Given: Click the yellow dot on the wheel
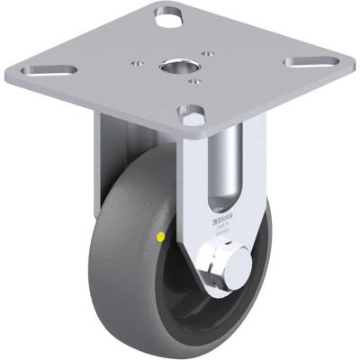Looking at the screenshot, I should pos(160,238).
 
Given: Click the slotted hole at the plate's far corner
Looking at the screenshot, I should pos(168,14).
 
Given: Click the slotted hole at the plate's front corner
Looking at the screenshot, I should pos(190,114).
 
